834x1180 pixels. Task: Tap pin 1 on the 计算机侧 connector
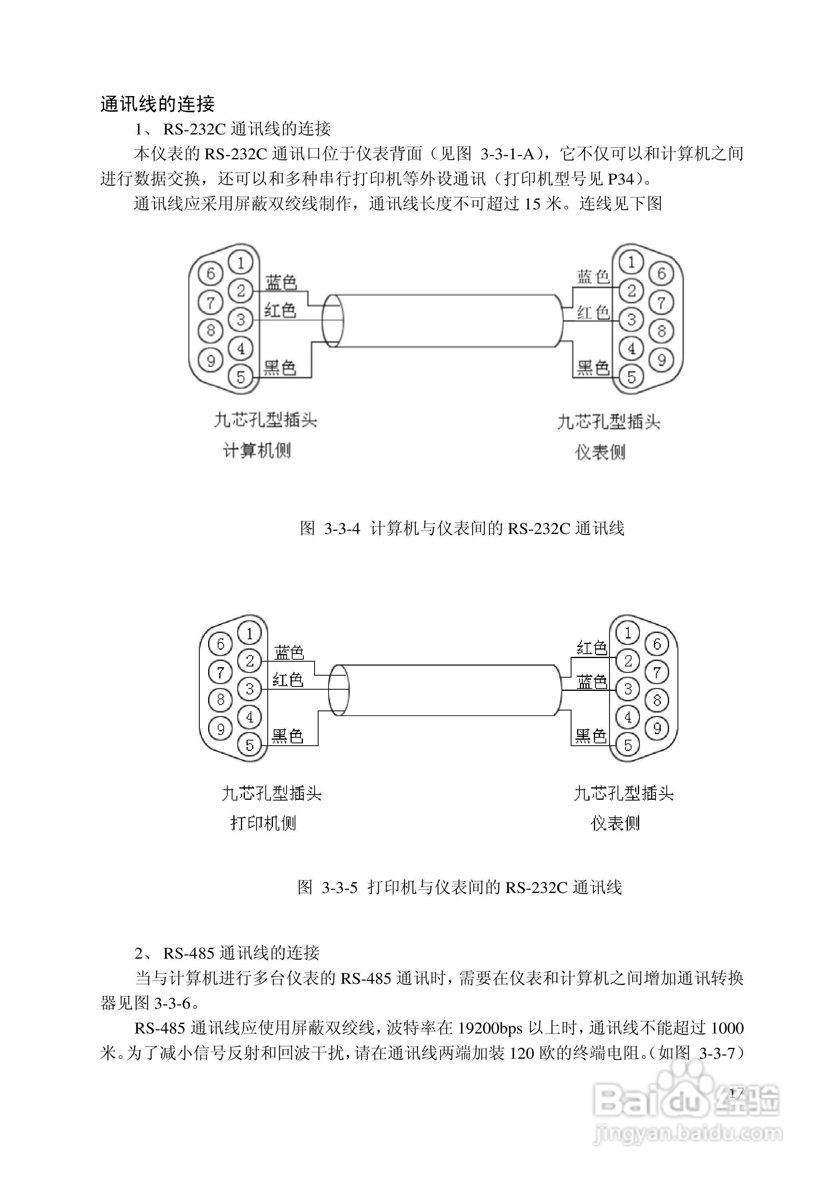[x=241, y=263]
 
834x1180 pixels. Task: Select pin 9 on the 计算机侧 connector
[x=211, y=360]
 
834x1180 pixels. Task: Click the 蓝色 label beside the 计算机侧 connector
[x=281, y=282]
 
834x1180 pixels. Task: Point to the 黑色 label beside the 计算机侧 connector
[x=280, y=367]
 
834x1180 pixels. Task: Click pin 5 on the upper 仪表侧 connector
[x=632, y=376]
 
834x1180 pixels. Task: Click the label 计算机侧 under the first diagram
[x=257, y=451]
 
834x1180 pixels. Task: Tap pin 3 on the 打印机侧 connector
[x=250, y=689]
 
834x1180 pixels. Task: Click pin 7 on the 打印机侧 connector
[x=221, y=672]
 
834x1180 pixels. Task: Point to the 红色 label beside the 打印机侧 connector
[x=288, y=680]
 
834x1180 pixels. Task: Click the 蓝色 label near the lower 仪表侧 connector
[x=592, y=682]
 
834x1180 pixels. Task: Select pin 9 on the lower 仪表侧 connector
[x=657, y=728]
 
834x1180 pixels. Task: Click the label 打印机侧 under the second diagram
[x=263, y=823]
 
